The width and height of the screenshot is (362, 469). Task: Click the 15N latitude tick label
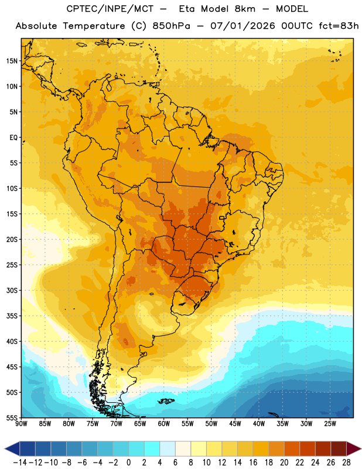pos(12,61)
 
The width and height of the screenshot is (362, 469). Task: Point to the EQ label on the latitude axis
pos(13,138)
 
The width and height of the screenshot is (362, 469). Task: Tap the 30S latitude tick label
pos(12,290)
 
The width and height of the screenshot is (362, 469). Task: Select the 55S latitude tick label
pos(12,417)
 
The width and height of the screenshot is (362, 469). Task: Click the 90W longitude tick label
pos(21,424)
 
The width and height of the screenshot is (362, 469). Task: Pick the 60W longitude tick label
pos(164,424)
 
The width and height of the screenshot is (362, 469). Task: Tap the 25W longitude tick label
pos(330,424)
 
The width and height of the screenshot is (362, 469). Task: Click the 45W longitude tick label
pos(235,424)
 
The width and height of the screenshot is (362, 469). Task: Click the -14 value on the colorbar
pos(20,463)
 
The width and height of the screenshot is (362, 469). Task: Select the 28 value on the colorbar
pos(346,463)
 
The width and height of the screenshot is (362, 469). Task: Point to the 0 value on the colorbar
pos(128,463)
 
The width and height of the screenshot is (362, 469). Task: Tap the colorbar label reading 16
pos(253,463)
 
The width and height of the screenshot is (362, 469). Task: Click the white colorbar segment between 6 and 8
pos(183,448)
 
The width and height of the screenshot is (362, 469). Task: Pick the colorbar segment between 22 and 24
pos(308,448)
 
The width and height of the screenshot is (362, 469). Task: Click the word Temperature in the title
pos(94,26)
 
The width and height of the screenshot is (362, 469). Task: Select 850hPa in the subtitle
pos(171,26)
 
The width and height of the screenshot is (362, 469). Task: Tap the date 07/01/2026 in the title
pos(243,26)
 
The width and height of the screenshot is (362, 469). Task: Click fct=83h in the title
pos(339,26)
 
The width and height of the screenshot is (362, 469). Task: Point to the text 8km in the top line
pos(245,9)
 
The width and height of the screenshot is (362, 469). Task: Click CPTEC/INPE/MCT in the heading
pos(110,9)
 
